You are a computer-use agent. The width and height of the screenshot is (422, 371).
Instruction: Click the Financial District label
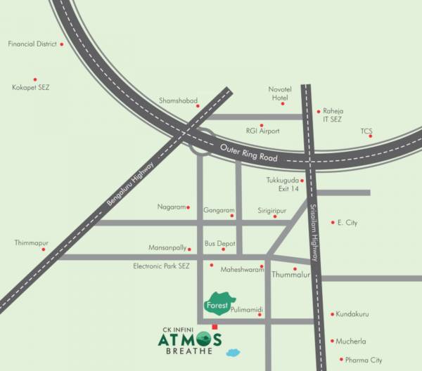click(31, 44)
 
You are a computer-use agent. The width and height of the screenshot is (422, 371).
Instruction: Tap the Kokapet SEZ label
click(31, 87)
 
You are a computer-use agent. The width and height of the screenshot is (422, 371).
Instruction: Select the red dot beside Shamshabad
click(198, 107)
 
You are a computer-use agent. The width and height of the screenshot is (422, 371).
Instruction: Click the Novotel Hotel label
click(279, 93)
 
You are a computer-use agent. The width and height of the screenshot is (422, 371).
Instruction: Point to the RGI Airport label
click(262, 131)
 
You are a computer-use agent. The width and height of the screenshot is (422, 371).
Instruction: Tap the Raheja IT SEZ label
click(332, 115)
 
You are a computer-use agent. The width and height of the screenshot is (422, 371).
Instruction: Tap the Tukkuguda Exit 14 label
click(283, 185)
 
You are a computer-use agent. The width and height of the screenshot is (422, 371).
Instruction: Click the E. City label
click(347, 223)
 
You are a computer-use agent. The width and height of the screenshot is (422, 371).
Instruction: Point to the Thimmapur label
click(31, 242)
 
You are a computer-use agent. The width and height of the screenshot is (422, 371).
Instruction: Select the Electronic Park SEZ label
click(162, 266)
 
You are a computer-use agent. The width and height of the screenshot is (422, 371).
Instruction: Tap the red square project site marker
click(215, 325)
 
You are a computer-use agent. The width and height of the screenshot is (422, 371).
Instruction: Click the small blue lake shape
click(234, 349)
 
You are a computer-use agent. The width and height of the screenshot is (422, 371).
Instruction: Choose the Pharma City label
click(366, 360)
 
